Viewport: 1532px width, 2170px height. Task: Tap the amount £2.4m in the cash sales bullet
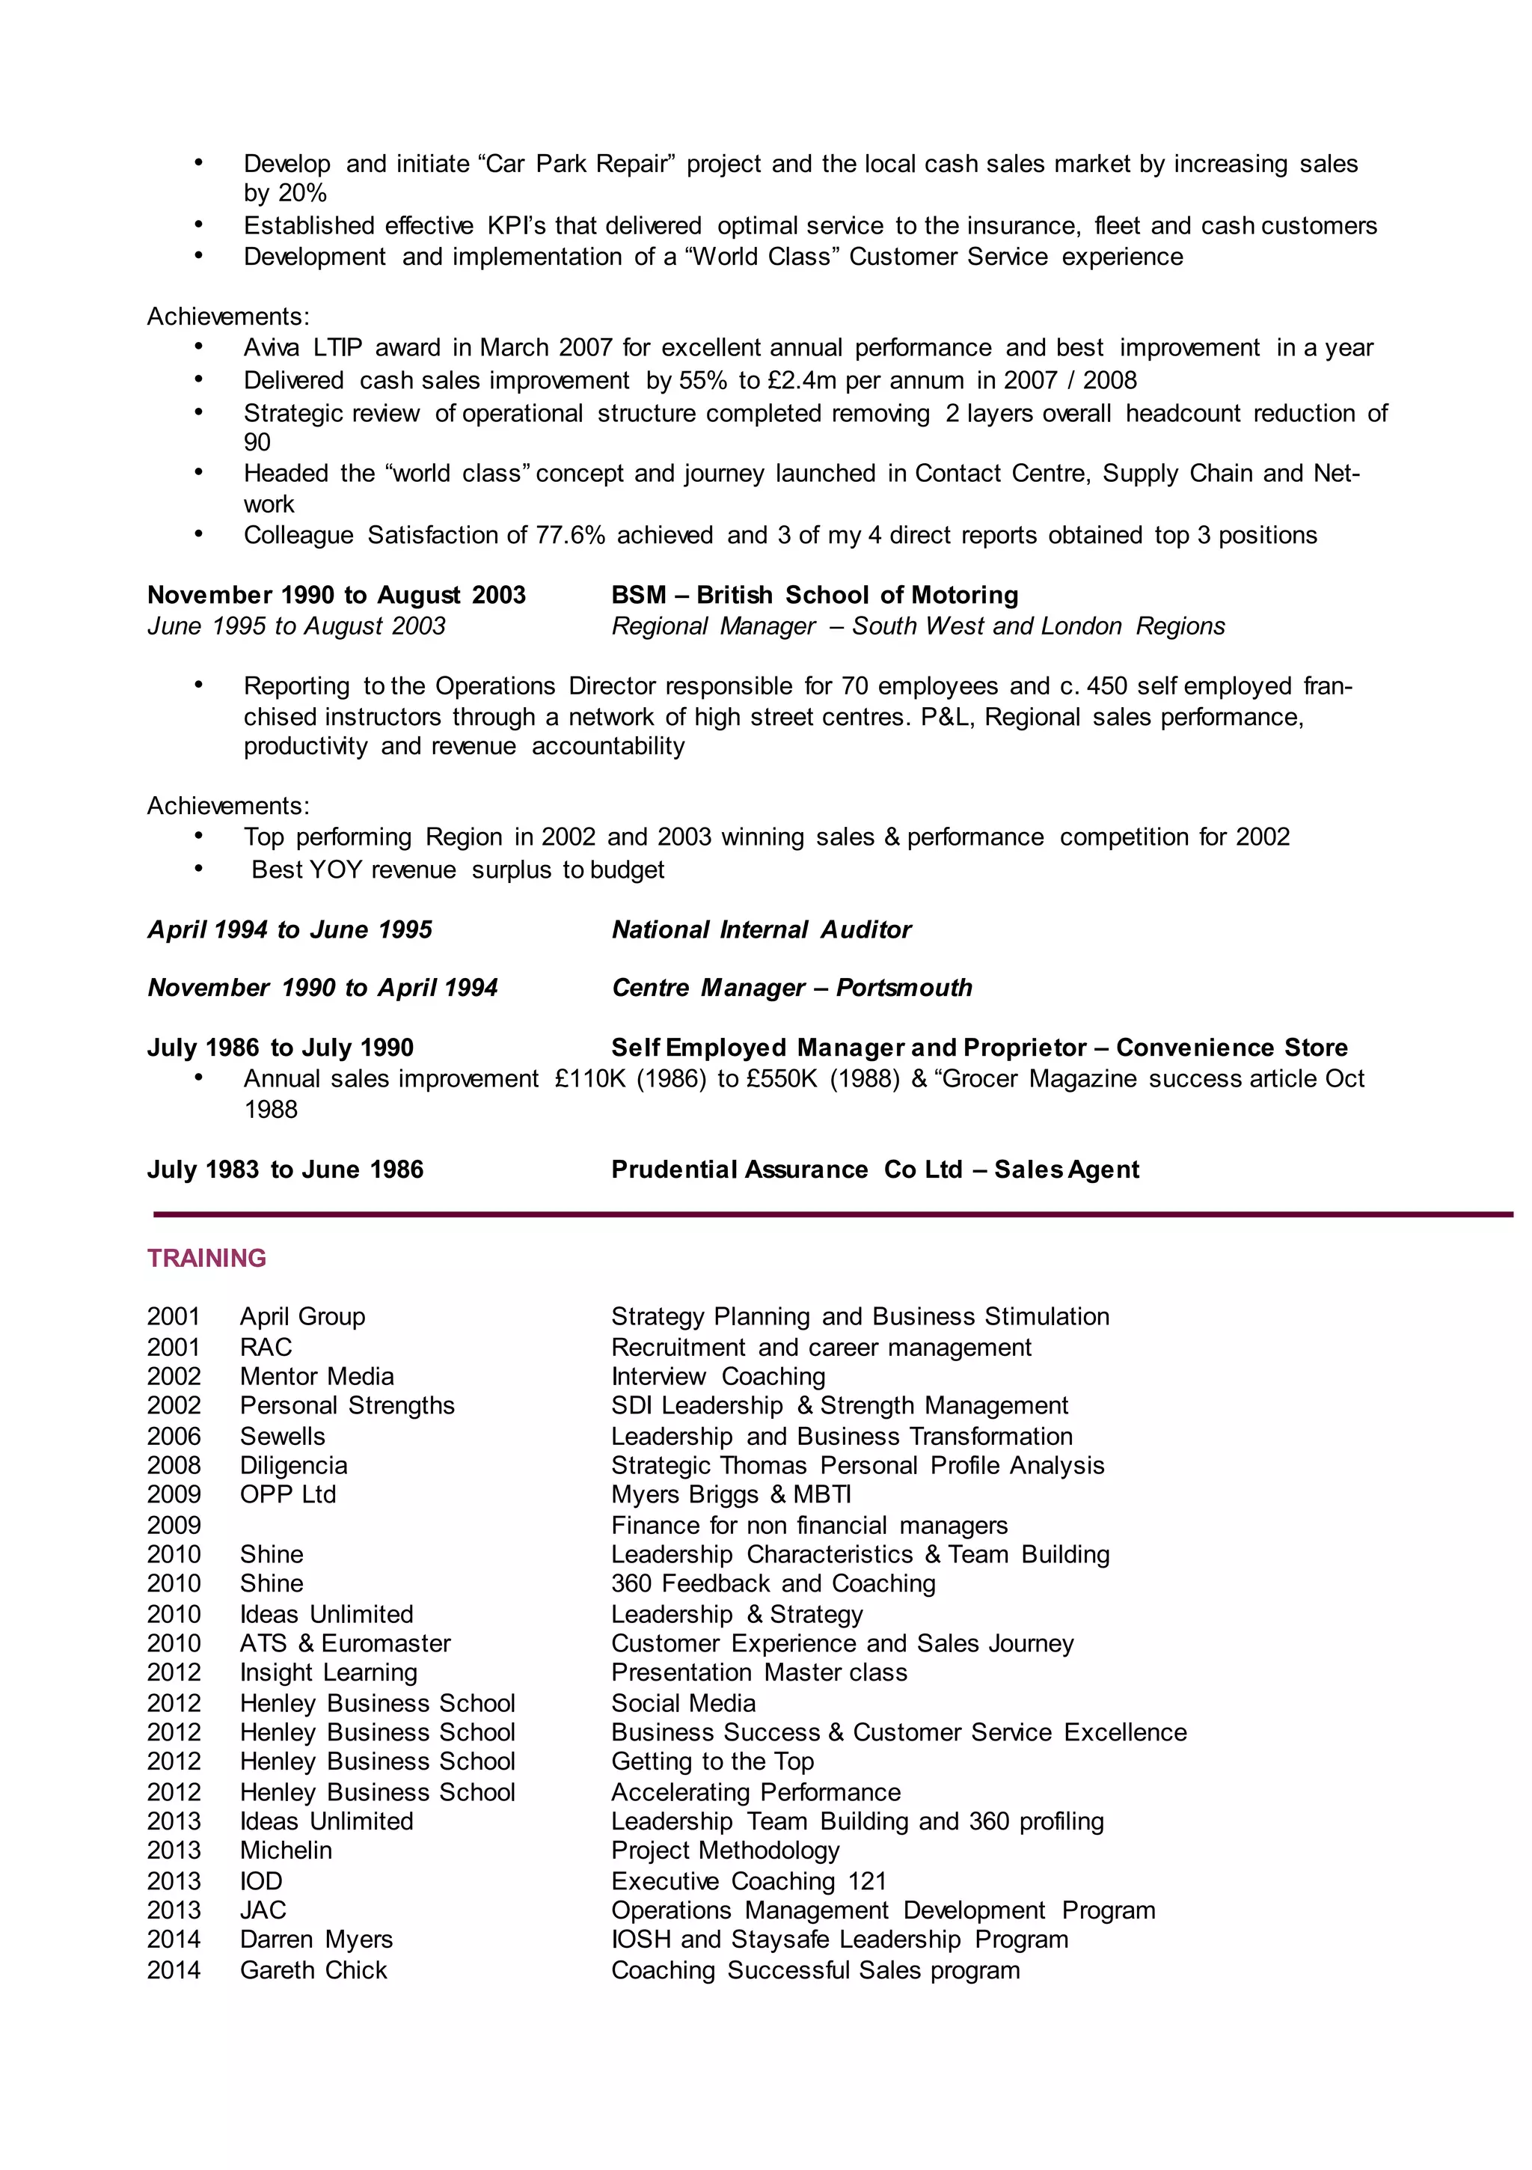click(x=801, y=380)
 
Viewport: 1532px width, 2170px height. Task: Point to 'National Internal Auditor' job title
click(x=761, y=929)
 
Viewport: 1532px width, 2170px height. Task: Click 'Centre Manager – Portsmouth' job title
click(x=791, y=988)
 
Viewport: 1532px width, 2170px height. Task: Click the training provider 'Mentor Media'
click(x=316, y=1376)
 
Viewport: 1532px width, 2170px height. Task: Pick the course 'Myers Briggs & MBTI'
click(x=731, y=1494)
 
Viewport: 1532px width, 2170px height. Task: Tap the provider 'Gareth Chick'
click(x=313, y=1969)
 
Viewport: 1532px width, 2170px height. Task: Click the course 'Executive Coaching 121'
click(x=749, y=1881)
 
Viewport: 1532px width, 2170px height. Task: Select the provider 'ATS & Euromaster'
click(x=345, y=1642)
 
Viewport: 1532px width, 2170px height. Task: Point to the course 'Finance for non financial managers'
click(x=809, y=1526)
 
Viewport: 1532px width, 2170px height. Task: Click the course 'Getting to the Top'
click(x=711, y=1761)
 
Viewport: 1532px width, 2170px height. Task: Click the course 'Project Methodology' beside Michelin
click(x=725, y=1850)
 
